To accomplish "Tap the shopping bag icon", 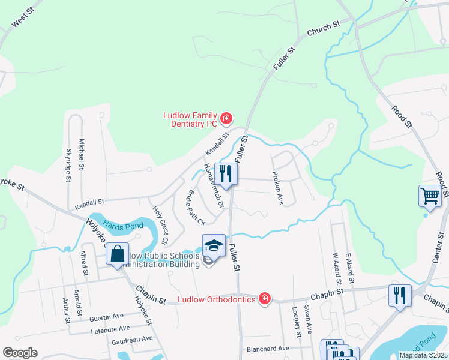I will click(117, 254).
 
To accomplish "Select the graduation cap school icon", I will click(214, 245).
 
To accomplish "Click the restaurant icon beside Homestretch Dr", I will click(226, 174).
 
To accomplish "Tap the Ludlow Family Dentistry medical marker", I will click(226, 119).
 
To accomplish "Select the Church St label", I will click(324, 28).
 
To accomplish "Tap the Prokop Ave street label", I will click(277, 188).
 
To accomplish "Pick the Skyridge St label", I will click(68, 165).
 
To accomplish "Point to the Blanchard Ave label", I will click(267, 349).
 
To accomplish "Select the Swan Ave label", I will click(308, 319).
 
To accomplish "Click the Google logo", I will click(20, 353).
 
